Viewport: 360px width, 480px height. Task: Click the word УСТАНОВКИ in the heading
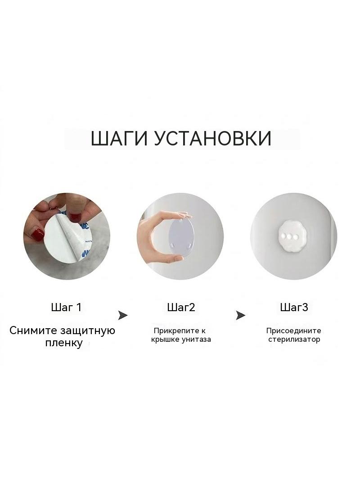tap(212, 138)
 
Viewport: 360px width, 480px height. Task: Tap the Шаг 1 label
tap(66, 307)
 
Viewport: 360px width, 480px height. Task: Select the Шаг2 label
tap(181, 307)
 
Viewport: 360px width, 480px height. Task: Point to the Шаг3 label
tap(294, 307)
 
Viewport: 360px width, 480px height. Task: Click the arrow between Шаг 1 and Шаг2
tap(123, 315)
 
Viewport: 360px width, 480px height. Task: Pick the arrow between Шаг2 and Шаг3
tap(240, 315)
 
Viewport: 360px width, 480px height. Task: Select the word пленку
tap(64, 343)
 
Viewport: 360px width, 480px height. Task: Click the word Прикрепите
tap(175, 331)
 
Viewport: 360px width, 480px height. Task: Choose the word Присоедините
tap(294, 331)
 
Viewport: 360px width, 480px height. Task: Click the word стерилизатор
tap(294, 340)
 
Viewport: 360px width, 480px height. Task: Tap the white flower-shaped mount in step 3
tap(289, 237)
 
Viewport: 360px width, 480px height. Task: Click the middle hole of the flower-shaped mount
tap(289, 237)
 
